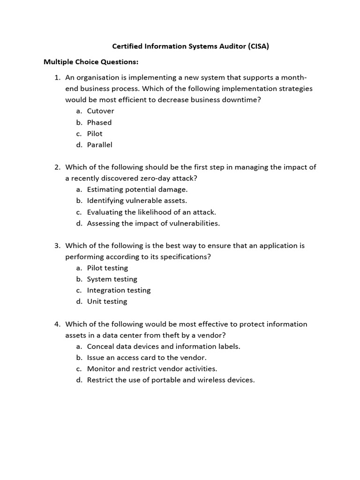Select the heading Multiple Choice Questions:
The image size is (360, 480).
pos(91,62)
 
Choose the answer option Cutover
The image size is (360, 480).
pos(100,111)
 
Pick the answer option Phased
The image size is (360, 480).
pos(99,122)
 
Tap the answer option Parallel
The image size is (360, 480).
pos(100,145)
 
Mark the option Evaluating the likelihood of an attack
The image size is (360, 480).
pos(151,212)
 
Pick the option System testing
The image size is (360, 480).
pos(112,279)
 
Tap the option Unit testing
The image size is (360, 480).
pos(107,301)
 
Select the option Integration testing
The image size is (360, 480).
pos(119,290)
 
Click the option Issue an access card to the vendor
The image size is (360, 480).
pos(147,358)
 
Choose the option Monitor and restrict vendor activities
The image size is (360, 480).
pos(152,369)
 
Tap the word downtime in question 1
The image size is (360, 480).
pos(242,100)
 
